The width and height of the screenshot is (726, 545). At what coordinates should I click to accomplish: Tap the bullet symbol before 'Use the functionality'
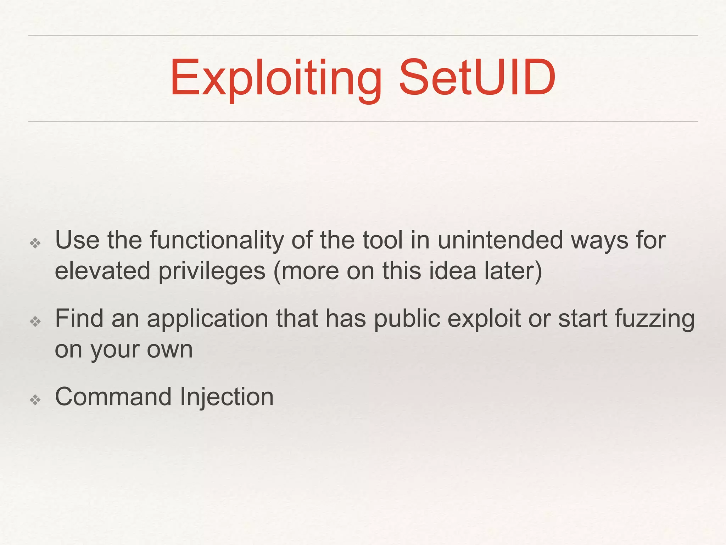point(35,243)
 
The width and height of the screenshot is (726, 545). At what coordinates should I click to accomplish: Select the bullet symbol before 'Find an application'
point(35,322)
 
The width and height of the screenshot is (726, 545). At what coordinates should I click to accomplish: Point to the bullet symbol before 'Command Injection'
point(35,400)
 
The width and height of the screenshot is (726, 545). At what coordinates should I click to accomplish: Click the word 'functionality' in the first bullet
point(217,241)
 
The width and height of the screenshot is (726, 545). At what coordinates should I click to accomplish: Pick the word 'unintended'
point(500,240)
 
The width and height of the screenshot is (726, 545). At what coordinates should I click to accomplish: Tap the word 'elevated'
point(102,271)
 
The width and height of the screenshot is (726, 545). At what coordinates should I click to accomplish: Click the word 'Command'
point(113,397)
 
